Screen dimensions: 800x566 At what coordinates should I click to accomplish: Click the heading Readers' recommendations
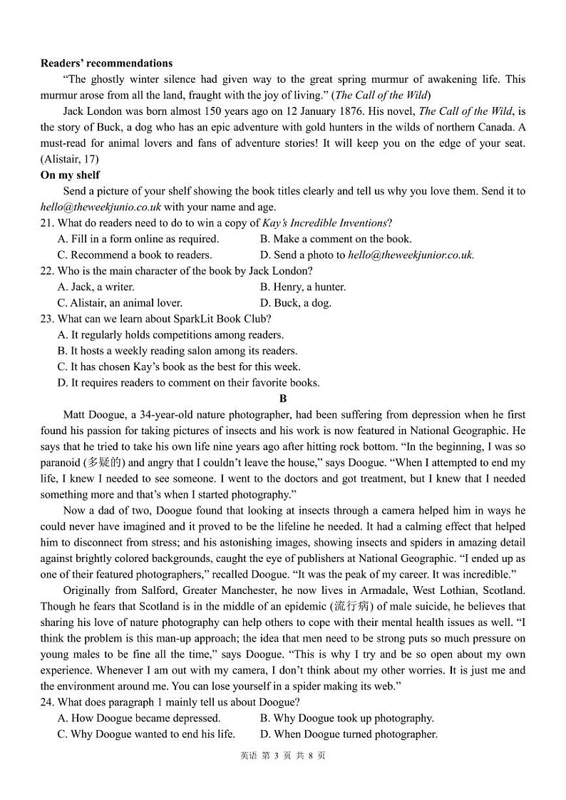pyautogui.click(x=106, y=63)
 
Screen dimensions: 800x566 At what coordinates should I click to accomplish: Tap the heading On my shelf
pyautogui.click(x=70, y=175)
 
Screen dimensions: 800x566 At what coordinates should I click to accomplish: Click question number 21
pyautogui.click(x=47, y=223)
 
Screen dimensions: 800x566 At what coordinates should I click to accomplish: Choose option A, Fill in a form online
pyautogui.click(x=138, y=239)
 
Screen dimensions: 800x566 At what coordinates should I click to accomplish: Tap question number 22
pyautogui.click(x=47, y=271)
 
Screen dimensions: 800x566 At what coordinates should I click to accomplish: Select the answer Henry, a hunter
pyautogui.click(x=303, y=287)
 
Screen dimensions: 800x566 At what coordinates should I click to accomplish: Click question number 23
pyautogui.click(x=47, y=319)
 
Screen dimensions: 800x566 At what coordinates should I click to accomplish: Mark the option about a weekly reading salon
pyautogui.click(x=177, y=351)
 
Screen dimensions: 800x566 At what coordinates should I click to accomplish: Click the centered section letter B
pyautogui.click(x=283, y=399)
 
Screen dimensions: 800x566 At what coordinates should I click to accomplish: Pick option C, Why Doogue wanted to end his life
pyautogui.click(x=146, y=734)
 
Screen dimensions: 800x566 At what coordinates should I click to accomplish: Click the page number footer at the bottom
pyautogui.click(x=283, y=756)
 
